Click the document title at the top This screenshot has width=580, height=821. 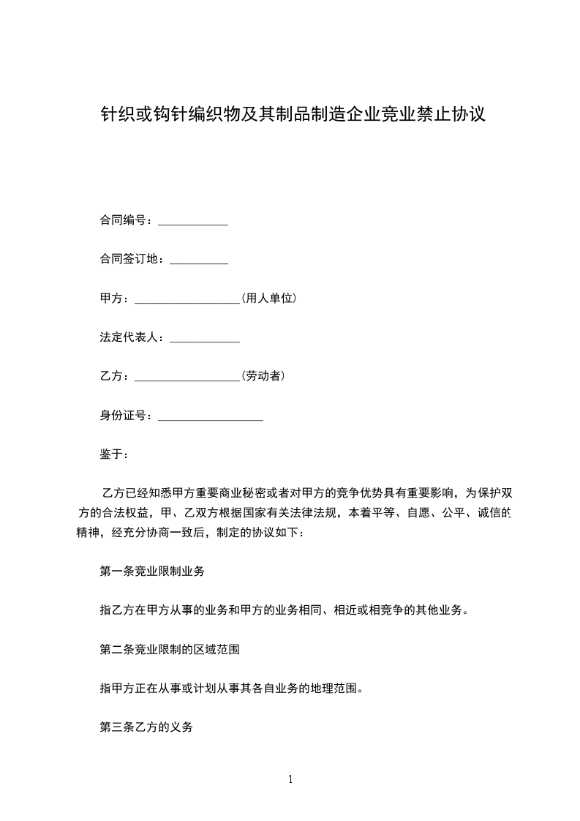[x=293, y=115]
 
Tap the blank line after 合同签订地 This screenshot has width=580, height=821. [x=199, y=260]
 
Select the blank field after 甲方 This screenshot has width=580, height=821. [x=187, y=299]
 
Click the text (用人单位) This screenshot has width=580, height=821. [x=268, y=299]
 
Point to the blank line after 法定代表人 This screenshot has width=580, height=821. [x=205, y=339]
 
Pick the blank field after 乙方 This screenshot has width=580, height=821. [x=187, y=378]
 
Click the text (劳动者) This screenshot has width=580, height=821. [x=263, y=377]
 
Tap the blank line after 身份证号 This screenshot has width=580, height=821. [x=211, y=417]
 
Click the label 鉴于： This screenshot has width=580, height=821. [x=114, y=454]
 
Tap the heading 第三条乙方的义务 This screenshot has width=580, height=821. [x=146, y=727]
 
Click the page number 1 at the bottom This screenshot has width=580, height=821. [x=290, y=779]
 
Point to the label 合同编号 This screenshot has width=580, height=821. [x=125, y=220]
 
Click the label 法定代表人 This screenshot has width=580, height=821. [x=131, y=337]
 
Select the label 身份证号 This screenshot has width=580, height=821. [x=125, y=416]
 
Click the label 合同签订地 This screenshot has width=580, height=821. [x=131, y=259]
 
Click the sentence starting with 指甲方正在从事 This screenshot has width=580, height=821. [x=231, y=689]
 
